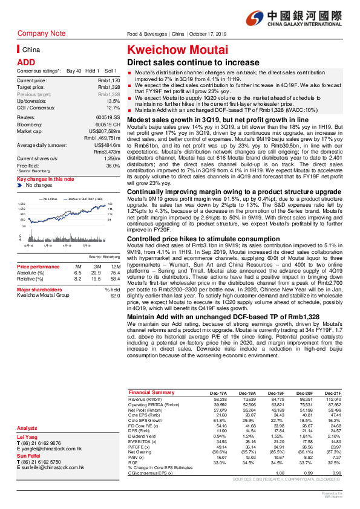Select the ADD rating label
pyautogui.click(x=25, y=62)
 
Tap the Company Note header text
pyautogui.click(x=42, y=33)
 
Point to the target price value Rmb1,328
pyautogui.click(x=110, y=87)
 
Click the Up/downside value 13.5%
pyautogui.click(x=113, y=100)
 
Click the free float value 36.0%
pyautogui.click(x=113, y=165)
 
